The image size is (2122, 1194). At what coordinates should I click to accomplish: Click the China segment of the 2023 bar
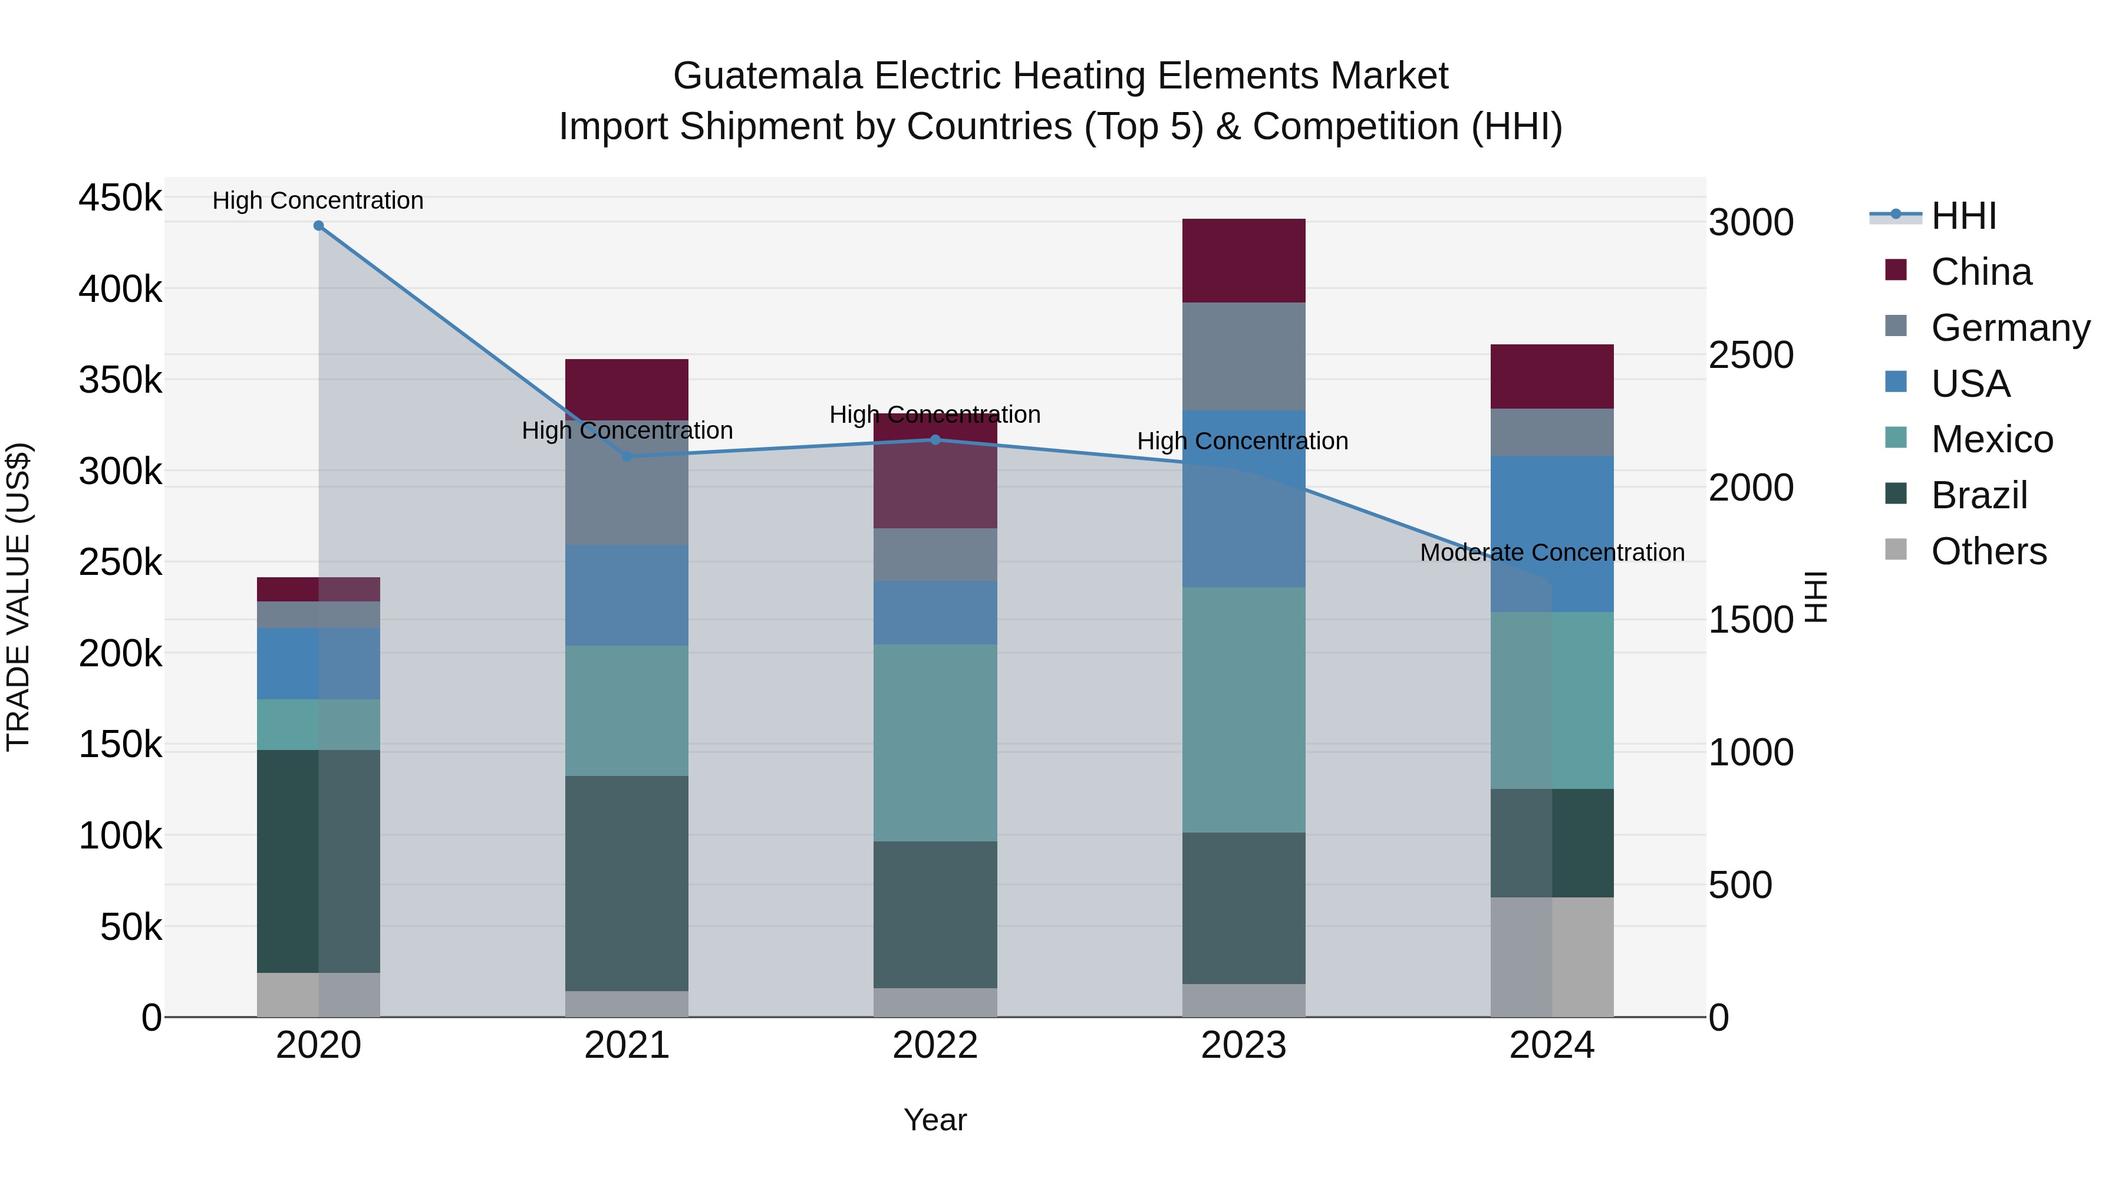(x=1243, y=261)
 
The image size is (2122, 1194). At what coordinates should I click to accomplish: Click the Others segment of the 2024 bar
(x=1552, y=957)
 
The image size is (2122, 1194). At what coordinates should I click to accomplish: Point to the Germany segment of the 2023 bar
(x=1243, y=356)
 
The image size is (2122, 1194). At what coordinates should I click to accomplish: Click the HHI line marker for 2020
(x=319, y=226)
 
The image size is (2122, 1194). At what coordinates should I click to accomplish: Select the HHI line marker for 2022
(x=935, y=440)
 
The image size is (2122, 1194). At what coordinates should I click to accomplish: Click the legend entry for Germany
(x=2010, y=328)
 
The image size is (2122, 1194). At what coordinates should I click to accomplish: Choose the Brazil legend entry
(x=1979, y=495)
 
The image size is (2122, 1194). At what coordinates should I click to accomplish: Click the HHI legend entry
(x=1963, y=216)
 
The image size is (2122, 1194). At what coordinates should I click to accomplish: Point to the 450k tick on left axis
(x=120, y=199)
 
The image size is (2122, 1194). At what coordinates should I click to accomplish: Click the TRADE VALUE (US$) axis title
(x=18, y=597)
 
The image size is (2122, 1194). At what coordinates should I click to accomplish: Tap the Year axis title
(x=935, y=1120)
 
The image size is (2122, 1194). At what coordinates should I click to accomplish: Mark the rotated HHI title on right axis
(x=1815, y=597)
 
